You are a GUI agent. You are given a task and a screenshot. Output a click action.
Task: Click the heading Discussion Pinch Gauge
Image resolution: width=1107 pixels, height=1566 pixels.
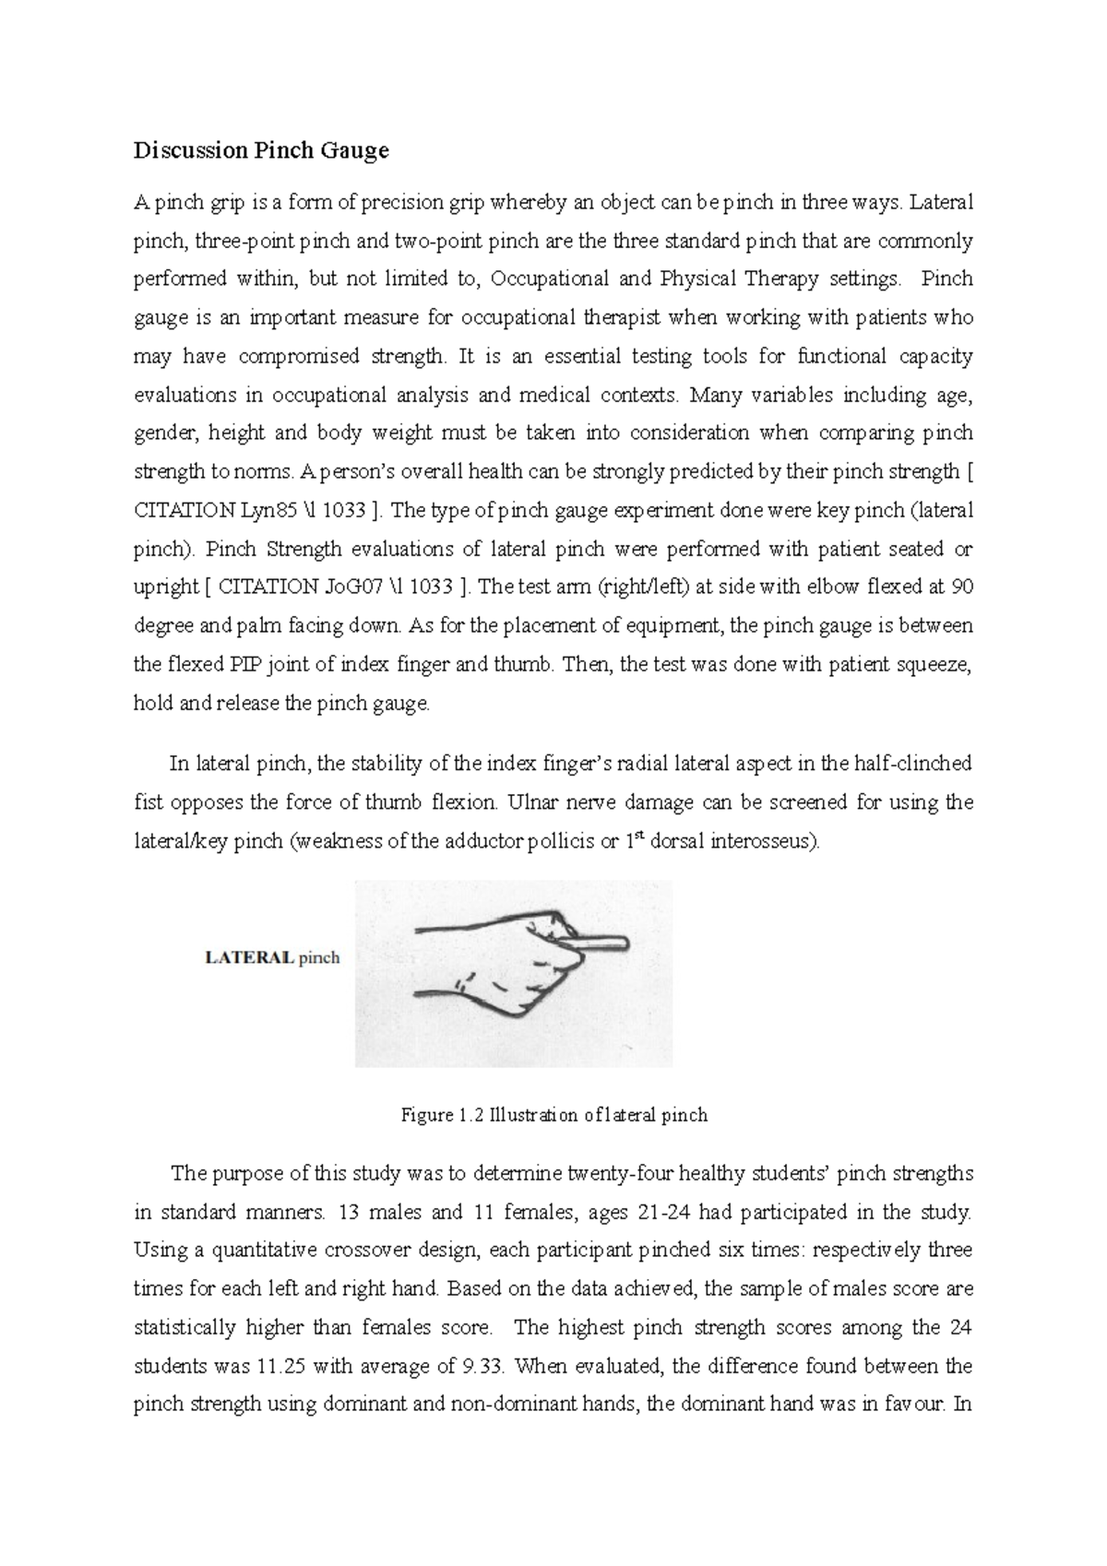tap(261, 150)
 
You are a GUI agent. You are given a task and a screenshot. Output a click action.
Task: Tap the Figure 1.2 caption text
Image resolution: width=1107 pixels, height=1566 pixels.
tap(553, 1115)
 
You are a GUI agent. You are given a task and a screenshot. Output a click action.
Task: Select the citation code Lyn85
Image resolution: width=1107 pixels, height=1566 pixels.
tap(243, 510)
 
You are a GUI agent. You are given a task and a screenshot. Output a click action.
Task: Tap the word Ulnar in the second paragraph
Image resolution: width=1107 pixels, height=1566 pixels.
tap(530, 802)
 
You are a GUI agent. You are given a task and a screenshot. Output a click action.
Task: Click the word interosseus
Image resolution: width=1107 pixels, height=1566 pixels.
tap(771, 841)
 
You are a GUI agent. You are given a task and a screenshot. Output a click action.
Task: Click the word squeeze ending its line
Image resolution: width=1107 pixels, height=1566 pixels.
tap(938, 664)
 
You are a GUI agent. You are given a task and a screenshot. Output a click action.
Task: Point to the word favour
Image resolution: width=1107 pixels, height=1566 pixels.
tap(914, 1405)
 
